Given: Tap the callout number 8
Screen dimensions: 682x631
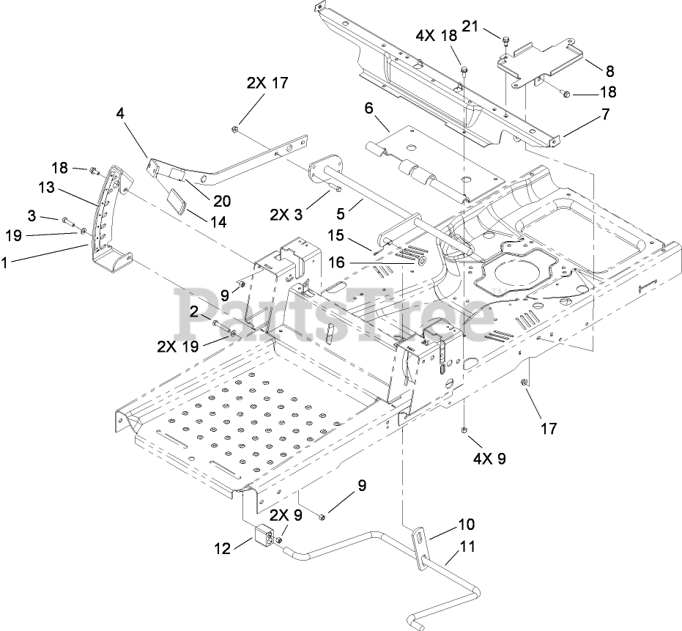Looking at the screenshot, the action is point(609,71).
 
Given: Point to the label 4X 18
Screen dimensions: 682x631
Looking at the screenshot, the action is point(436,36).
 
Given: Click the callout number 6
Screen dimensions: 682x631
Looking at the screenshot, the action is point(368,108).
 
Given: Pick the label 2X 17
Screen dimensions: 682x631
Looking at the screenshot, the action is point(267,83).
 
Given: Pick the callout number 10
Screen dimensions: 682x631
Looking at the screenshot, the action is point(467,525).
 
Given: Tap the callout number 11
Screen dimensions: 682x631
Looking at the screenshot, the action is point(467,546).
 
